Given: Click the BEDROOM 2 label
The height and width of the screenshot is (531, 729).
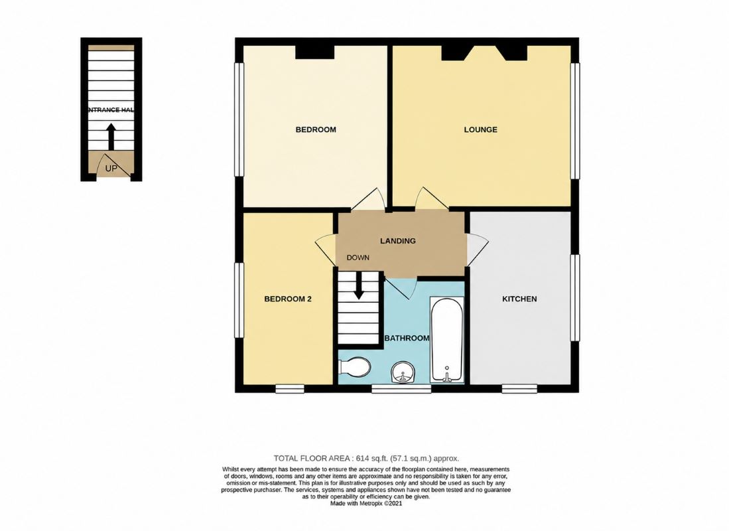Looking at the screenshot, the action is (x=288, y=299).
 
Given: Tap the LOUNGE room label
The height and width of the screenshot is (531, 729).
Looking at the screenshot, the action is (x=480, y=129).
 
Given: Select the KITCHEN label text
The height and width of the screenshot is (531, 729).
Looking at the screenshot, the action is (x=519, y=299).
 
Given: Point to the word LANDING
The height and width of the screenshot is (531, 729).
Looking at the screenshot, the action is (x=397, y=240).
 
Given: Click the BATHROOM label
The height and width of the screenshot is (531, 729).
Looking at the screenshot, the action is (x=407, y=338).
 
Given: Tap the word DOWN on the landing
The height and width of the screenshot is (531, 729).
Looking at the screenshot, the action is (x=358, y=258).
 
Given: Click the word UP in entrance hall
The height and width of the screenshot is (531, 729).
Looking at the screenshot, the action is (x=111, y=169).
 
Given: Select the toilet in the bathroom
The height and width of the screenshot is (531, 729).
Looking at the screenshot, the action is (x=354, y=366).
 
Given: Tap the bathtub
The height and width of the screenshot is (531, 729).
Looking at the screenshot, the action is (x=447, y=340).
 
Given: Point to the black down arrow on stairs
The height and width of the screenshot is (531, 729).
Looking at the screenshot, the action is (x=358, y=285).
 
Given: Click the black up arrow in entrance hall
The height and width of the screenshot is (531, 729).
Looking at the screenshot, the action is (x=111, y=136).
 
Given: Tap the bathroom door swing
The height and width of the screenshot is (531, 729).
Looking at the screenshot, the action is (x=401, y=289).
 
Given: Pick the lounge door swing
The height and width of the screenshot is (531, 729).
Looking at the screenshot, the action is (x=432, y=198).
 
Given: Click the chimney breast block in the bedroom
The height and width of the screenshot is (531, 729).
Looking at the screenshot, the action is (x=315, y=52).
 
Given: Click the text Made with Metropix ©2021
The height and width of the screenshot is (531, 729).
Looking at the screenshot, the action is (x=366, y=504).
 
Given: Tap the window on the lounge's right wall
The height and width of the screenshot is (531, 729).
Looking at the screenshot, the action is (x=575, y=121).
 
